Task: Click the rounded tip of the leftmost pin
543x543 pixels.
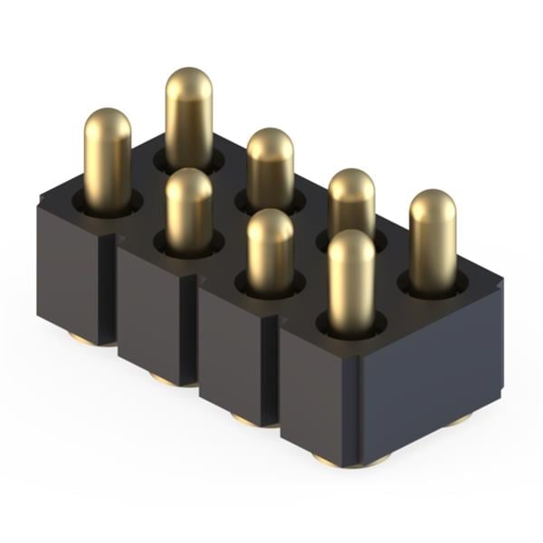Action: click(108, 122)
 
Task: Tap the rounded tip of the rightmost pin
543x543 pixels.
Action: click(433, 204)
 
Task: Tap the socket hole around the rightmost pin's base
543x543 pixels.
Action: click(433, 285)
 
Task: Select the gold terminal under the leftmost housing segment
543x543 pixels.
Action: click(80, 339)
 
